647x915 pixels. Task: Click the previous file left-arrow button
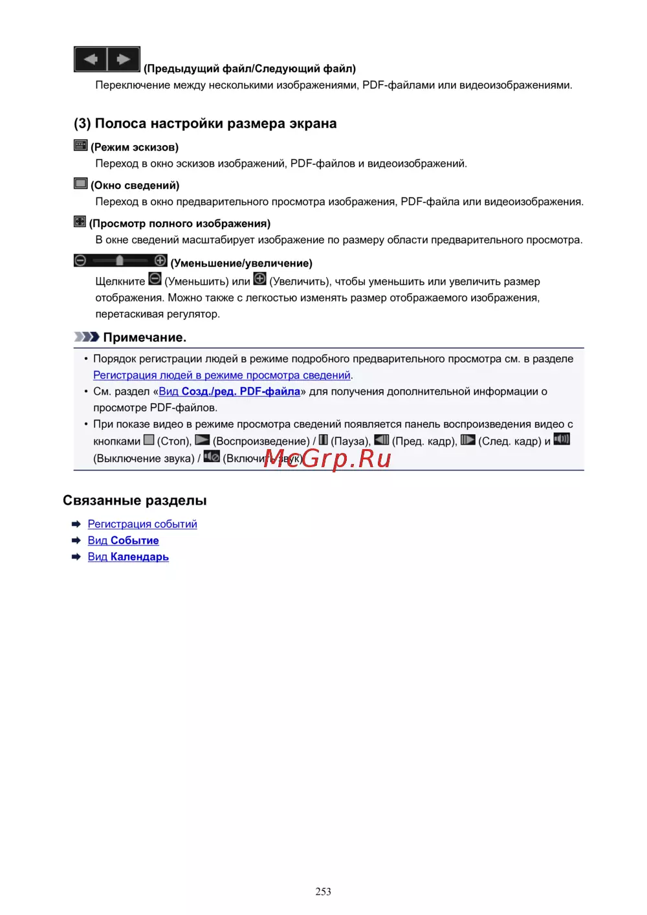(91, 60)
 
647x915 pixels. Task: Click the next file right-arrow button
(124, 60)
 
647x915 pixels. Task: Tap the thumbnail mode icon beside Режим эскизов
(80, 146)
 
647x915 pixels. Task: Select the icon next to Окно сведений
(80, 184)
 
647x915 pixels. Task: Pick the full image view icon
(80, 222)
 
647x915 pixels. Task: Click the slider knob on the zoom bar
(120, 260)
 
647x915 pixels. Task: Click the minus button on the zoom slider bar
(80, 260)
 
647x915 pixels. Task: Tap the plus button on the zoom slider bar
(160, 260)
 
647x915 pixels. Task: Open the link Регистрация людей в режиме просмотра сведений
(221, 375)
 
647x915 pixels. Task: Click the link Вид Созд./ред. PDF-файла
(229, 391)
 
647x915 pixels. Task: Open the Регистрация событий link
(142, 524)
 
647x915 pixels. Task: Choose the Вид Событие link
(123, 540)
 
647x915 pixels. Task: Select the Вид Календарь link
(128, 557)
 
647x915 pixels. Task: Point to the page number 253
(323, 892)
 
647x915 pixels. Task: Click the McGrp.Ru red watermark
(327, 458)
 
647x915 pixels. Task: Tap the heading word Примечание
(144, 337)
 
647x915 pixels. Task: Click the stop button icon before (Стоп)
(149, 440)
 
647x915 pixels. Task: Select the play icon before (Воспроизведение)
(203, 440)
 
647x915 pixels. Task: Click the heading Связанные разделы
(135, 500)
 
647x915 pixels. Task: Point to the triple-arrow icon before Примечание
(86, 337)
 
